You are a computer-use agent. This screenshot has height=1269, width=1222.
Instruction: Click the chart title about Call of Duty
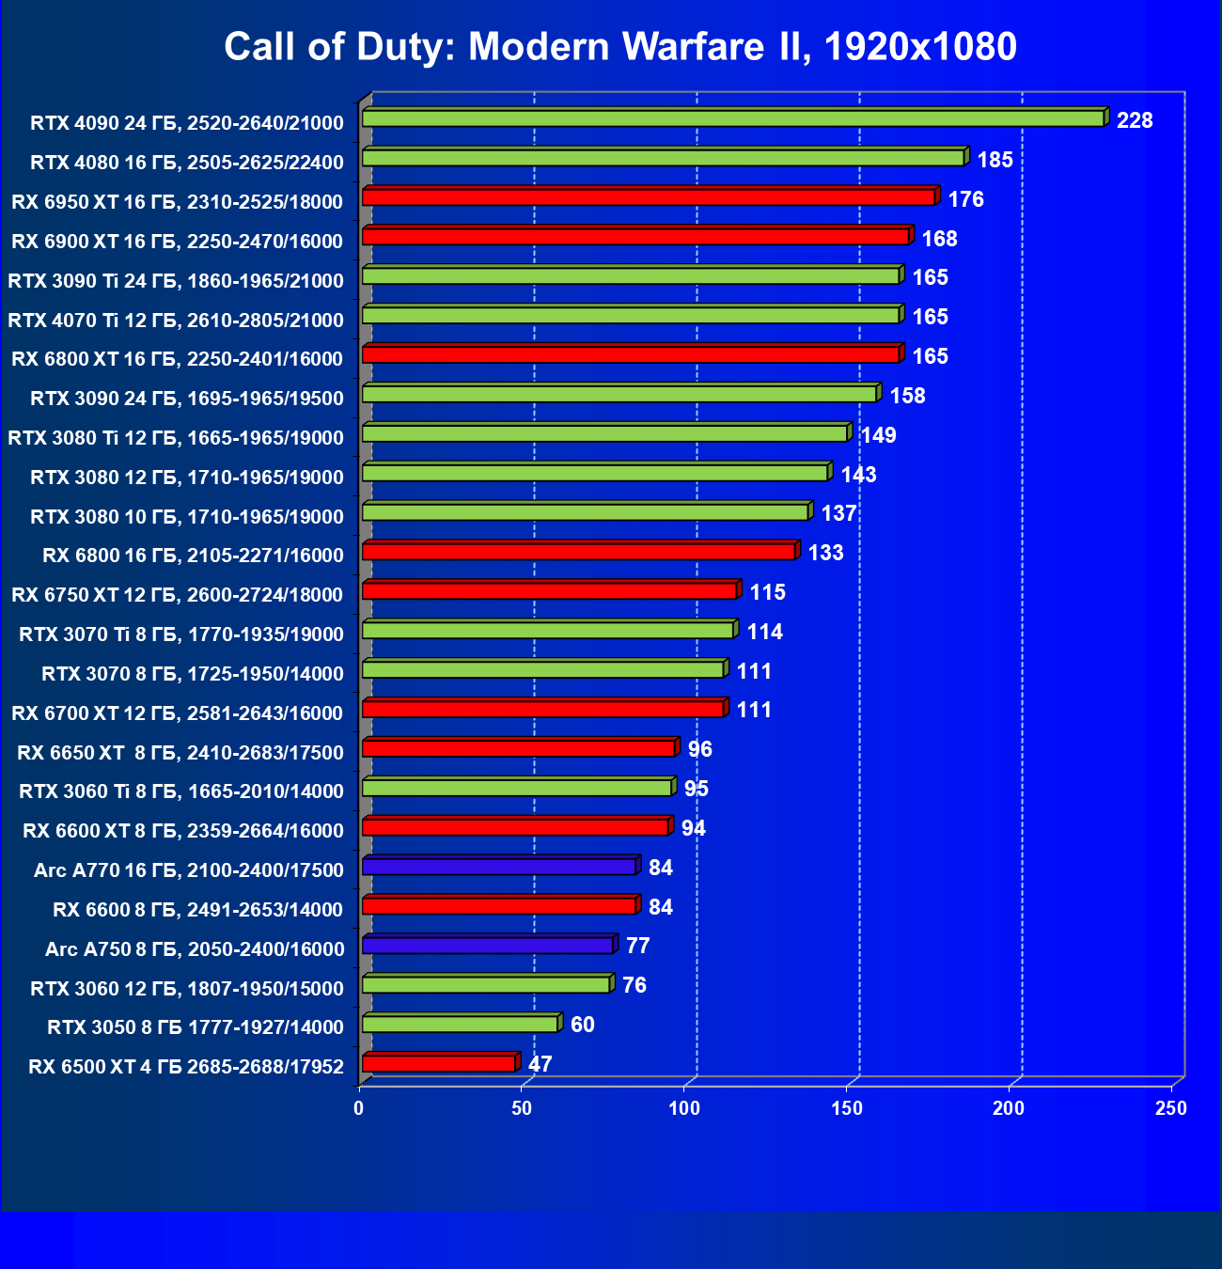pyautogui.click(x=620, y=46)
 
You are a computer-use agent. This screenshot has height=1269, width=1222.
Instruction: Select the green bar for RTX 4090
pyautogui.click(x=733, y=118)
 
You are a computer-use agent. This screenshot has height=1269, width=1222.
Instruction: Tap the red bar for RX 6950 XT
pyautogui.click(x=649, y=197)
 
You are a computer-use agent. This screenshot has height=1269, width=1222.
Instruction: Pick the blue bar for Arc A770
pyautogui.click(x=499, y=867)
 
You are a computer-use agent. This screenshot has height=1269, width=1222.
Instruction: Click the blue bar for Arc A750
pyautogui.click(x=488, y=946)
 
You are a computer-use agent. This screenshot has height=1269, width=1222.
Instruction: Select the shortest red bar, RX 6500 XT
pyautogui.click(x=439, y=1063)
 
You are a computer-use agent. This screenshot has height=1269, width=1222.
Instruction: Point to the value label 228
pyautogui.click(x=1135, y=120)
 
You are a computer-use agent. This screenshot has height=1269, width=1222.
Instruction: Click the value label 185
pyautogui.click(x=995, y=160)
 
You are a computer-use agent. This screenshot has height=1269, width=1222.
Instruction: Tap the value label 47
pyautogui.click(x=540, y=1064)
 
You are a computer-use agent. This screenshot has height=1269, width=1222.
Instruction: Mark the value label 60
pyautogui.click(x=583, y=1025)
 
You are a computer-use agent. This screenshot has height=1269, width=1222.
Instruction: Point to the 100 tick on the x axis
pyautogui.click(x=684, y=1108)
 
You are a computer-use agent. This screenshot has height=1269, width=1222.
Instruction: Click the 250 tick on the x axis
pyautogui.click(x=1171, y=1108)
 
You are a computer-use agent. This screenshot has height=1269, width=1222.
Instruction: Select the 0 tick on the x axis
pyautogui.click(x=359, y=1108)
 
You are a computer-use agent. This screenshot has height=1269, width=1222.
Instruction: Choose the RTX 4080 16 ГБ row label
pyautogui.click(x=187, y=163)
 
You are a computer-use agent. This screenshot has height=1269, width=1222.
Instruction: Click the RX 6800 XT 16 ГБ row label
pyautogui.click(x=177, y=358)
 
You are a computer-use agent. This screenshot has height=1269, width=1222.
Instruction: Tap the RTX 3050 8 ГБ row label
pyautogui.click(x=196, y=1026)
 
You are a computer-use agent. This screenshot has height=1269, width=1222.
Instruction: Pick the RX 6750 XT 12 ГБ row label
pyautogui.click(x=177, y=594)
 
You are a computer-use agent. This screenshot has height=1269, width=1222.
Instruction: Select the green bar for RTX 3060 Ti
pyautogui.click(x=517, y=788)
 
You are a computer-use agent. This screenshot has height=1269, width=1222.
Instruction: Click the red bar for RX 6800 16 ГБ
pyautogui.click(x=579, y=552)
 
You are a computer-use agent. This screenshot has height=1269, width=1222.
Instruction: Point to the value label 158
pyautogui.click(x=908, y=396)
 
